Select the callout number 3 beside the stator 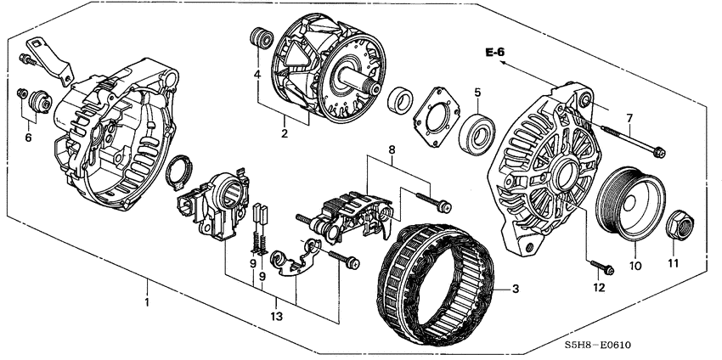point(514,289)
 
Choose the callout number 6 point(28,138)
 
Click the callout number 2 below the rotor point(285,132)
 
